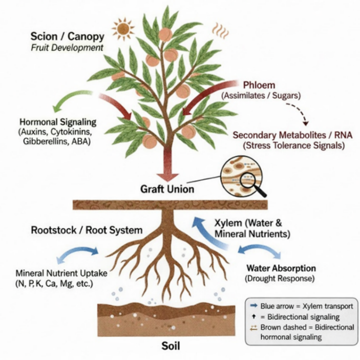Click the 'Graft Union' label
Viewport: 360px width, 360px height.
[167, 189]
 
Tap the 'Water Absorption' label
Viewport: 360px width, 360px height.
[281, 268]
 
